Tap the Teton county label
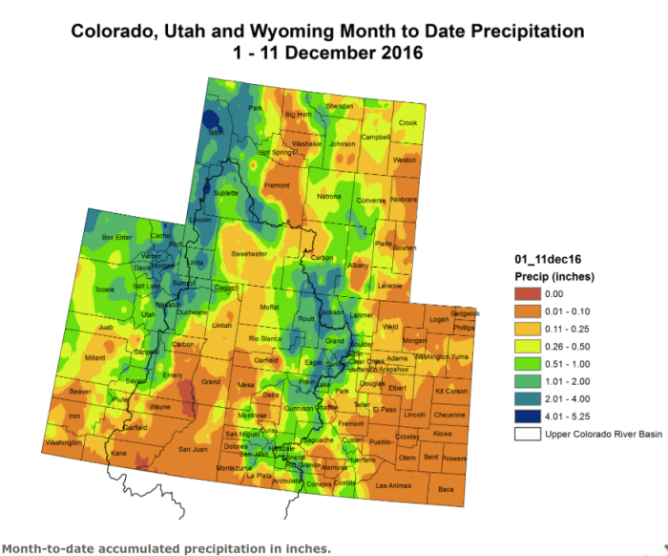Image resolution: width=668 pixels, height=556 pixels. click(216, 133)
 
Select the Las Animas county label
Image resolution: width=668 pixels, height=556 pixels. click(394, 485)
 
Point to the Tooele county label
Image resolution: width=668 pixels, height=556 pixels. click(105, 289)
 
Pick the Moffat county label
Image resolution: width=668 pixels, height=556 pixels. click(269, 308)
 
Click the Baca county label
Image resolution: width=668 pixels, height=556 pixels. click(445, 489)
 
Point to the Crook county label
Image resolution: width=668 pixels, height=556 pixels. click(407, 122)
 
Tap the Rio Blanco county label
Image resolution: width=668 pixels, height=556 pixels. click(266, 339)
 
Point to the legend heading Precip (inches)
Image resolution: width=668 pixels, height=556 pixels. click(554, 277)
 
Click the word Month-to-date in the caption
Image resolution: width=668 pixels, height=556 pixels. click(46, 548)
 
